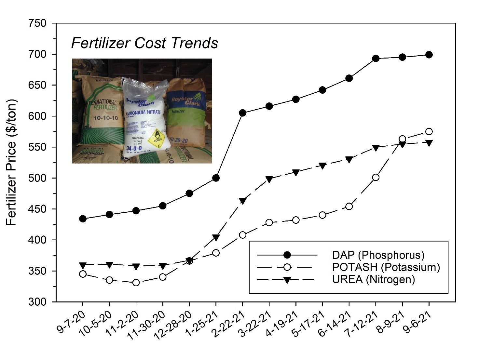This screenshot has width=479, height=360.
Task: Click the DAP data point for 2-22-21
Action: click(x=242, y=113)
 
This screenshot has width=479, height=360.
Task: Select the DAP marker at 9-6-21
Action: click(x=429, y=55)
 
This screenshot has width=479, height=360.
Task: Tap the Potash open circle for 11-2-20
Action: click(x=136, y=283)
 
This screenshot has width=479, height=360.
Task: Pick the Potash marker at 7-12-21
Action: click(x=376, y=177)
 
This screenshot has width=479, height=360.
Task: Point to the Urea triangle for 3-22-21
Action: click(x=269, y=179)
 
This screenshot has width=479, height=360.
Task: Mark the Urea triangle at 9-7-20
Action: click(x=83, y=265)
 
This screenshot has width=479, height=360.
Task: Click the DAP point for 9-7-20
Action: click(x=83, y=219)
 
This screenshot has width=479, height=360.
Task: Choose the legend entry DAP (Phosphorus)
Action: click(x=378, y=255)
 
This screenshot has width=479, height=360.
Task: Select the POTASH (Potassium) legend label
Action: click(x=386, y=267)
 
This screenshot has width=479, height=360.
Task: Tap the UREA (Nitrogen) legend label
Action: click(x=373, y=279)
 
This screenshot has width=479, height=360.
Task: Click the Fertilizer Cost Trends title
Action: click(x=144, y=43)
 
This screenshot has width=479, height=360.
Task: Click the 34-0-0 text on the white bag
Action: click(x=134, y=148)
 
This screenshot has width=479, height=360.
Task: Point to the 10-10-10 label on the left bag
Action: click(x=106, y=117)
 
